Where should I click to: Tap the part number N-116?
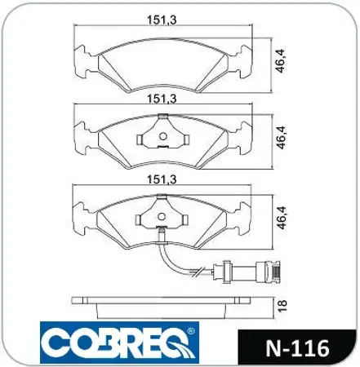(x=299, y=348)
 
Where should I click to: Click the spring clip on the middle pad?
(x=162, y=131)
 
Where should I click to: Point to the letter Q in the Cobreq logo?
(x=175, y=344)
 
